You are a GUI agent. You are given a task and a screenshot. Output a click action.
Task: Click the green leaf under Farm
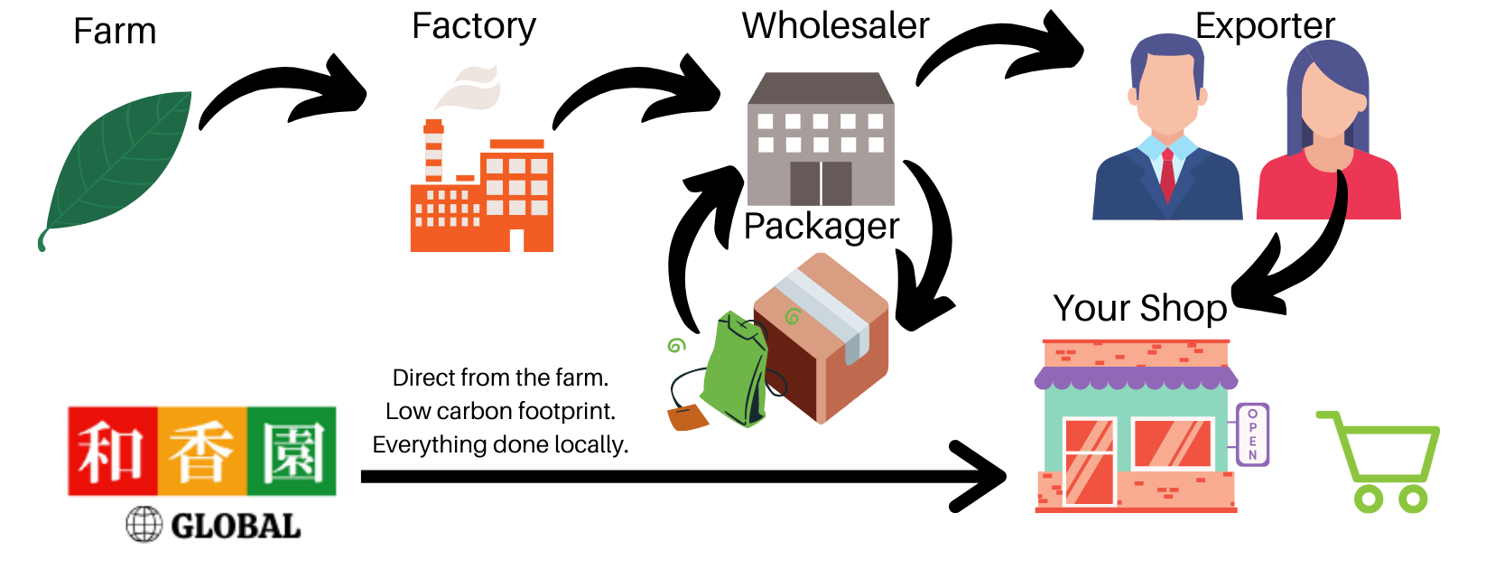click(117, 167)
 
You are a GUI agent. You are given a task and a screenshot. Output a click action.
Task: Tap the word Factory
click(474, 27)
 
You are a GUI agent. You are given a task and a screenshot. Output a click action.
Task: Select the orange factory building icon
click(483, 199)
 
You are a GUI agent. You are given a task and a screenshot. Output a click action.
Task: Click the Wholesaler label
click(835, 26)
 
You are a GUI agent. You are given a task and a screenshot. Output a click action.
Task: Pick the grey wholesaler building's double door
click(821, 183)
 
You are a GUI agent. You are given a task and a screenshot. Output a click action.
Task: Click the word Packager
click(822, 227)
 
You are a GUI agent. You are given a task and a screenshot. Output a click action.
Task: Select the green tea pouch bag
click(736, 370)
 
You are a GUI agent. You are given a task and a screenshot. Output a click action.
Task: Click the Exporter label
click(1265, 26)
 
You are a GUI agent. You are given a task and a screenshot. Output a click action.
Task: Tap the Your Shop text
click(1139, 309)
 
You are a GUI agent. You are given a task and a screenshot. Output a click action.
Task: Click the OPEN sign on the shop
click(1252, 434)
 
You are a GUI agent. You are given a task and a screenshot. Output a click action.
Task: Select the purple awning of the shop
click(1136, 378)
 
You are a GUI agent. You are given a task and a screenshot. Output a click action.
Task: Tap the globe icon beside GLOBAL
click(144, 525)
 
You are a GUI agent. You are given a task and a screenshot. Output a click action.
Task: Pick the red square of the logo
click(113, 452)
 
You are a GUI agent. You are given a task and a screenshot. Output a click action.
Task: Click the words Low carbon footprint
click(500, 412)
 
